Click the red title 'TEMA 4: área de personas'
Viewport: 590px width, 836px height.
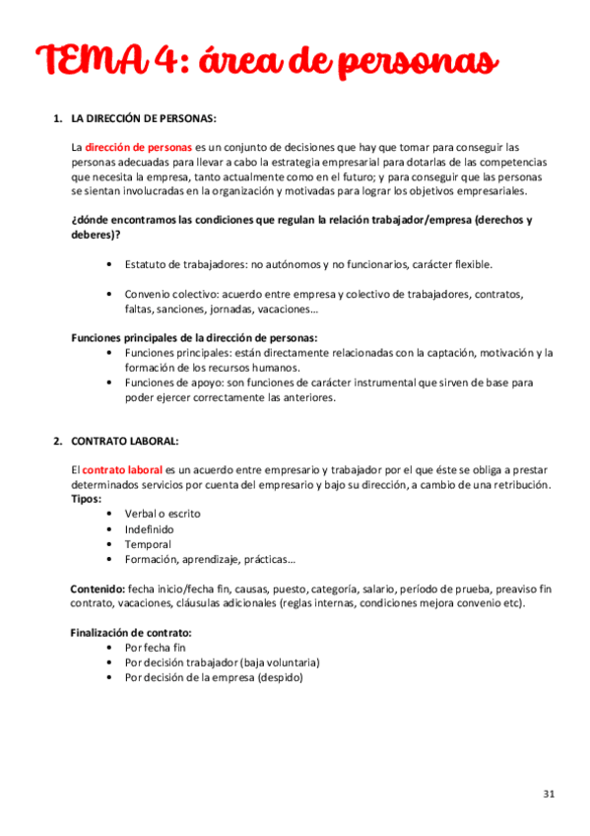point(267,61)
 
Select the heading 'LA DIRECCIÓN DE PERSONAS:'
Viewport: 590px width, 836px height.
point(144,119)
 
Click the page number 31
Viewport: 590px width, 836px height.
point(550,794)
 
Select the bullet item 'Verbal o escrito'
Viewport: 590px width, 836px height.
point(163,514)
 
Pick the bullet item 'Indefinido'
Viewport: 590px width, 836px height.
point(150,529)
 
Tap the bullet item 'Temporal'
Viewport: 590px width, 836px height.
point(148,544)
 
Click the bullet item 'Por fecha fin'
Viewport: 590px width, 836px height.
point(156,648)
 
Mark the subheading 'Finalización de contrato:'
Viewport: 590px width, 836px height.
point(131,632)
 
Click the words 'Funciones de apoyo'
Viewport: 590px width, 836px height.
point(172,382)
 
